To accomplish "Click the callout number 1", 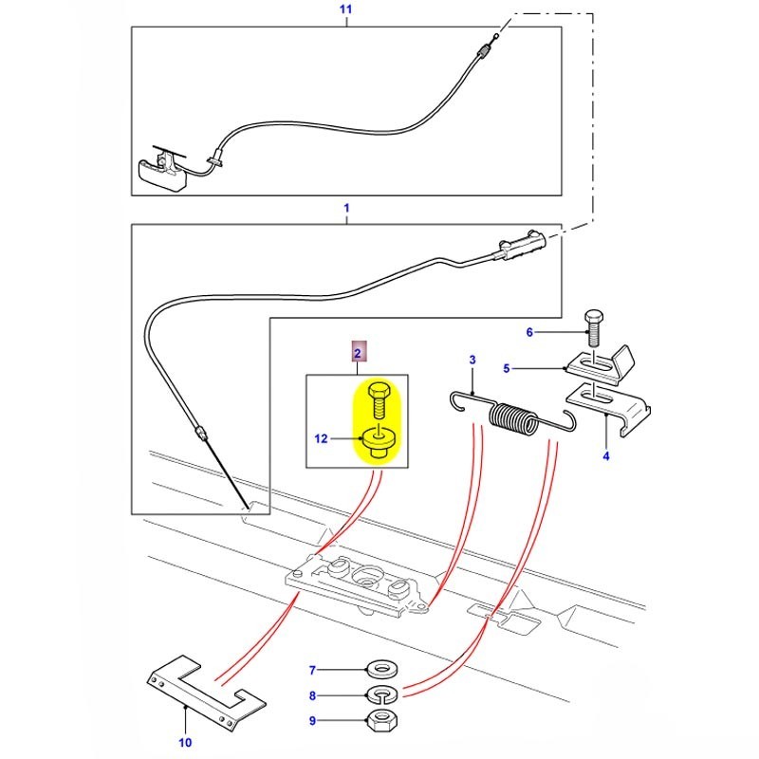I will [345, 207].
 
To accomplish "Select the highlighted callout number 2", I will [358, 354].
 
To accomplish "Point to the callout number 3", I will [472, 360].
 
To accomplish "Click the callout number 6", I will [530, 331].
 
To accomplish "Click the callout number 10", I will [185, 742].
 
